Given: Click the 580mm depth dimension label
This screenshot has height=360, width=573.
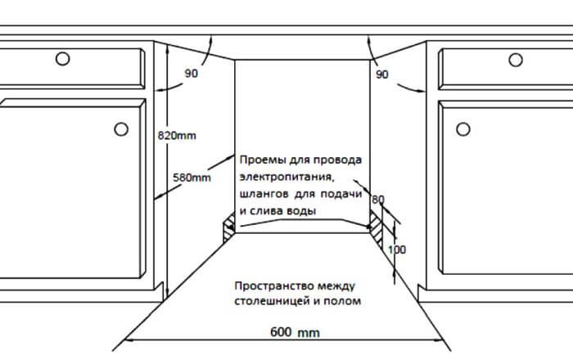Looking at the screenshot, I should pos(192,177).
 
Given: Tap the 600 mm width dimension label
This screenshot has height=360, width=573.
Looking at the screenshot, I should pos(295,333).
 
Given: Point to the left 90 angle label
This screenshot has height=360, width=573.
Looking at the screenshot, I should pos(192,74).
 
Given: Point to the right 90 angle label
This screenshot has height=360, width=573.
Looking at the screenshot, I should pos(381,74).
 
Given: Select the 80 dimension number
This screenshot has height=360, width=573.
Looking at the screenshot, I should pos(377,200).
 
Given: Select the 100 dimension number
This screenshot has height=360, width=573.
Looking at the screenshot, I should pos(397,250).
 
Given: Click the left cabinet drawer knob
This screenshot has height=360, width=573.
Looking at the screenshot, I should pos(62,58).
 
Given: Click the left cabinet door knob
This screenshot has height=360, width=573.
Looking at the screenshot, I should pos(120,128).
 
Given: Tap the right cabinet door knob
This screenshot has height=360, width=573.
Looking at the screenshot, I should pos(462,128).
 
